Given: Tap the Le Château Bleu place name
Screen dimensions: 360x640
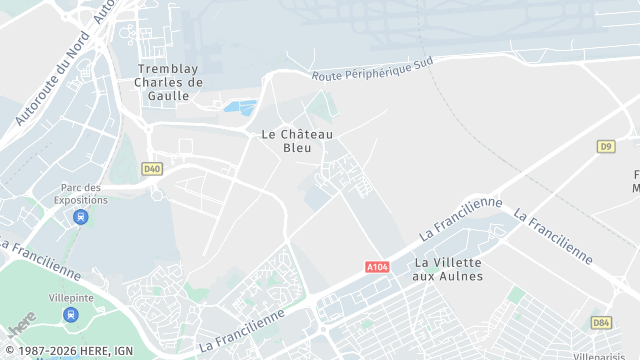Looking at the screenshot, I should point(297,140).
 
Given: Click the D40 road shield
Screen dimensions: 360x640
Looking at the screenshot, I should point(152,169).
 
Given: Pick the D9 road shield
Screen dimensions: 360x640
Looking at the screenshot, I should point(605,146).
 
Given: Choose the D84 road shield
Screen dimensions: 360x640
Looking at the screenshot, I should point(601,322).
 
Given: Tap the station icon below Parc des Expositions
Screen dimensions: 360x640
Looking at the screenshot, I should point(81,216).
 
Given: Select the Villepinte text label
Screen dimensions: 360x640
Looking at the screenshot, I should point(70,298).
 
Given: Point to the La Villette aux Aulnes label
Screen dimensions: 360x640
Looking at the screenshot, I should point(448,269).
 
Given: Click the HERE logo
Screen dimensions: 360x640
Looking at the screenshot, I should point(22,324).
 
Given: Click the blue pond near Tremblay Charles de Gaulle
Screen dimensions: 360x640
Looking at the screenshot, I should point(240,106).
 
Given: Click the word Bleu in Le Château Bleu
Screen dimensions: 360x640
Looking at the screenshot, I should point(297,147).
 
